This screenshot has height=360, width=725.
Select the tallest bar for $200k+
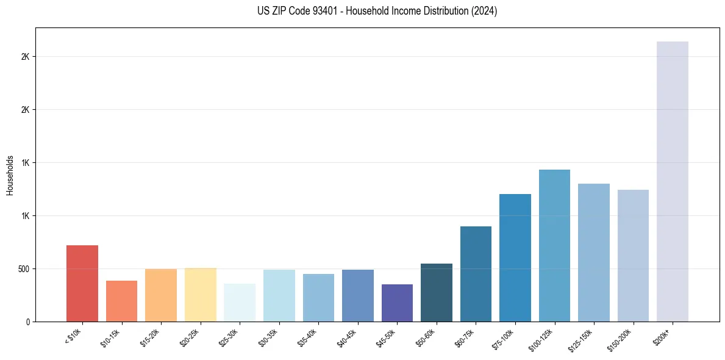tap(672, 182)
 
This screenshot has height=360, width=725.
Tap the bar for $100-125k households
tap(554, 246)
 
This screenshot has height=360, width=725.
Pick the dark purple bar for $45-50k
tap(397, 303)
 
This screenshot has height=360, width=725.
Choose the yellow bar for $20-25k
tap(200, 295)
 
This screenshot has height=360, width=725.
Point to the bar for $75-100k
tap(515, 258)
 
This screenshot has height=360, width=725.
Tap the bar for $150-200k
tap(633, 256)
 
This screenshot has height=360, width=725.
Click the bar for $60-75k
tap(476, 274)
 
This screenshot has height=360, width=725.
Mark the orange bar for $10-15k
tap(121, 301)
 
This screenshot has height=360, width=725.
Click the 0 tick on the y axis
tap(27, 322)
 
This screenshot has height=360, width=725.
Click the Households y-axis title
tap(10, 175)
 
